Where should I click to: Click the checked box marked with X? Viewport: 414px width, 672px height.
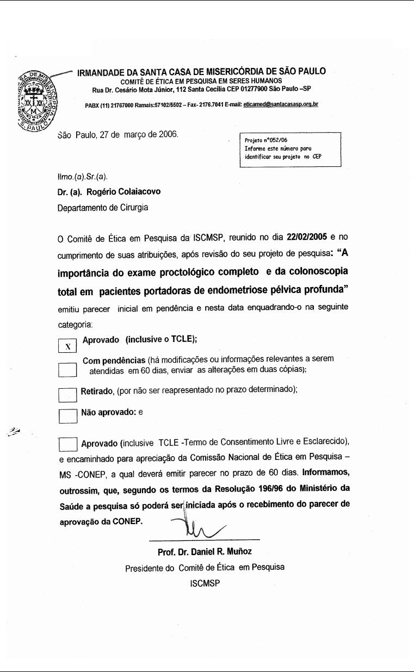(67, 346)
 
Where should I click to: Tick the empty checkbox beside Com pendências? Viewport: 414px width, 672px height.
(67, 370)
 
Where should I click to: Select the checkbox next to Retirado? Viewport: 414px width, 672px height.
(67, 394)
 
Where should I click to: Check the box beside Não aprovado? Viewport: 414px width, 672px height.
(67, 416)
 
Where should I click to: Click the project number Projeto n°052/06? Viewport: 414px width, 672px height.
(266, 140)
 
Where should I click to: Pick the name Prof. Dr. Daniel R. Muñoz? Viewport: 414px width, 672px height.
(205, 552)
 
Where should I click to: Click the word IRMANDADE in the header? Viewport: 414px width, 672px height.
(103, 71)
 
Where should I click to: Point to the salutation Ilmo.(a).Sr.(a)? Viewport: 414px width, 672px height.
(83, 176)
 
